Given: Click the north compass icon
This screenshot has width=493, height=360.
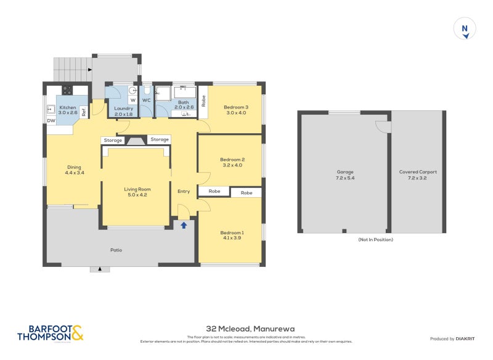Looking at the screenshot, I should (x=465, y=30).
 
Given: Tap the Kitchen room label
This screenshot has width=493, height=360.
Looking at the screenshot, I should (x=67, y=110).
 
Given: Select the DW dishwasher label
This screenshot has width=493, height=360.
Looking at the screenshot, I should (x=51, y=121).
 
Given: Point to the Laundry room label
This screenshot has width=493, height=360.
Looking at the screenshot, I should (x=124, y=111).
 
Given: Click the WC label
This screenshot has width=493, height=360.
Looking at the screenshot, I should (x=146, y=100).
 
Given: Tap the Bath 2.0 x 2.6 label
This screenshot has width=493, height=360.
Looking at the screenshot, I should (x=184, y=105).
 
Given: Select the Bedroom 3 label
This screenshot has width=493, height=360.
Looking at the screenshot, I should (x=236, y=110).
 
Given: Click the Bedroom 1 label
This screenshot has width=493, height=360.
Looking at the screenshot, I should (x=232, y=235).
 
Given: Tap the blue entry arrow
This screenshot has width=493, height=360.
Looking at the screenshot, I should (x=184, y=226).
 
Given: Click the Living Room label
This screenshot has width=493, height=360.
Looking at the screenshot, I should (x=137, y=192).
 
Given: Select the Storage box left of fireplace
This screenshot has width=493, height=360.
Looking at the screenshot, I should (x=113, y=140).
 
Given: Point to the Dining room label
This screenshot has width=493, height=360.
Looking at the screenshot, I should (x=74, y=170).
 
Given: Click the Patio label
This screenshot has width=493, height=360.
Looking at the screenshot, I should (x=116, y=250).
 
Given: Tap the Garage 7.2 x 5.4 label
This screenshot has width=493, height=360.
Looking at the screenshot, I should (x=344, y=174).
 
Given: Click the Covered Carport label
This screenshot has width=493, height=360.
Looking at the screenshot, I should (x=417, y=174).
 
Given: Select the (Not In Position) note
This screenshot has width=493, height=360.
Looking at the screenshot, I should (x=375, y=239).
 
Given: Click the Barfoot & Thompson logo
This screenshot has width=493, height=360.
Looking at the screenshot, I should (x=49, y=333).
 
